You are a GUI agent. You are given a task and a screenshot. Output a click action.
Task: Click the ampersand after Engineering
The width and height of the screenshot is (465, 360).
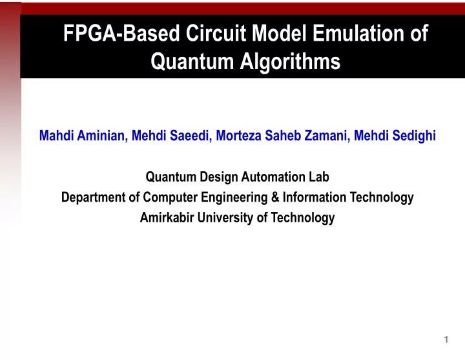point(267,197)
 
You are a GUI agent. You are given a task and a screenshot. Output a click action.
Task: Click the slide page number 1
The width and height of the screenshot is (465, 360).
point(446,340)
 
